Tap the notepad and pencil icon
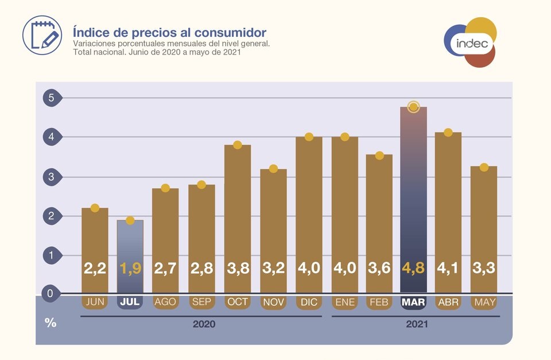(42, 35)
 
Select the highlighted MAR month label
(414, 302)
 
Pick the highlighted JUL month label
(130, 302)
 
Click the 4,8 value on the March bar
(414, 268)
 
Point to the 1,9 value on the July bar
(130, 268)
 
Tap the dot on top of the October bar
(238, 145)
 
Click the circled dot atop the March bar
(414, 107)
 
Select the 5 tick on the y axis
(51, 98)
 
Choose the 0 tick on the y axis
(51, 294)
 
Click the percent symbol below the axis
(51, 323)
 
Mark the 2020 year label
(204, 324)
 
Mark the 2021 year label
(417, 324)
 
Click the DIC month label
(308, 302)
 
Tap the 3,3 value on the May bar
(484, 268)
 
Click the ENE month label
(344, 302)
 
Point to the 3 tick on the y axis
(51, 177)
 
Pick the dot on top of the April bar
(448, 133)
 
